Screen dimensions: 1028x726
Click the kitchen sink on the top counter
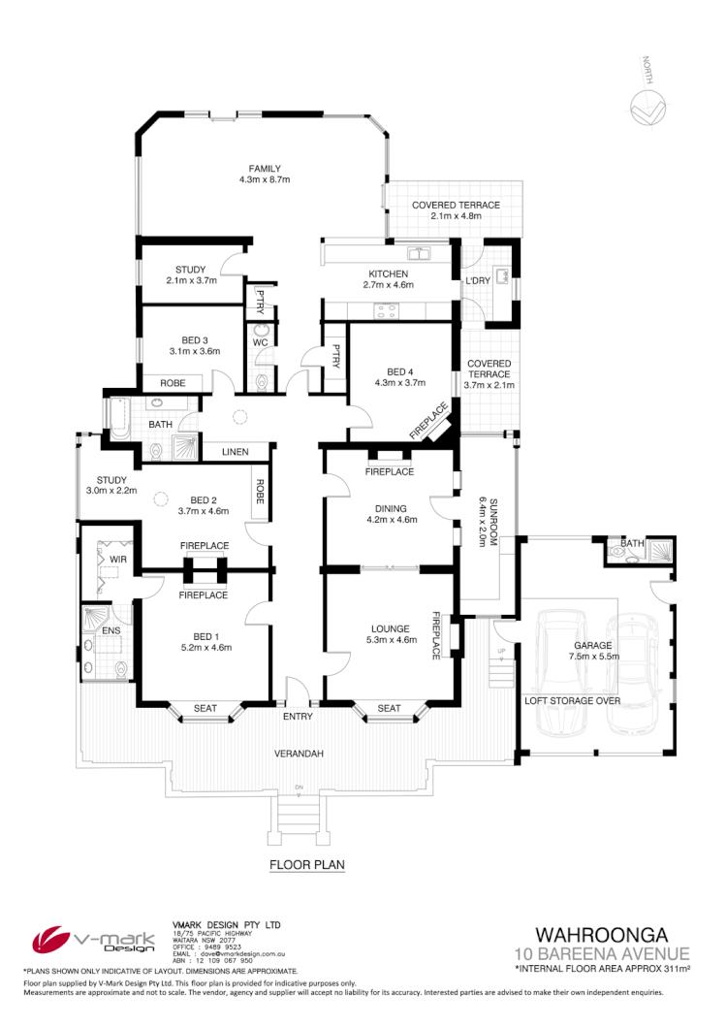[420, 255]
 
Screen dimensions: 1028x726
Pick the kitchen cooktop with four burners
[387, 311]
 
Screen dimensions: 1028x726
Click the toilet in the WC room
[260, 333]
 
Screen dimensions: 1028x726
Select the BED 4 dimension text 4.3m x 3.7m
[400, 383]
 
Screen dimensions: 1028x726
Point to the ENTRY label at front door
[297, 717]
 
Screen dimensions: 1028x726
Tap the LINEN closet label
[235, 452]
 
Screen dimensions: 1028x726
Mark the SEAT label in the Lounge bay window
[389, 709]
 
